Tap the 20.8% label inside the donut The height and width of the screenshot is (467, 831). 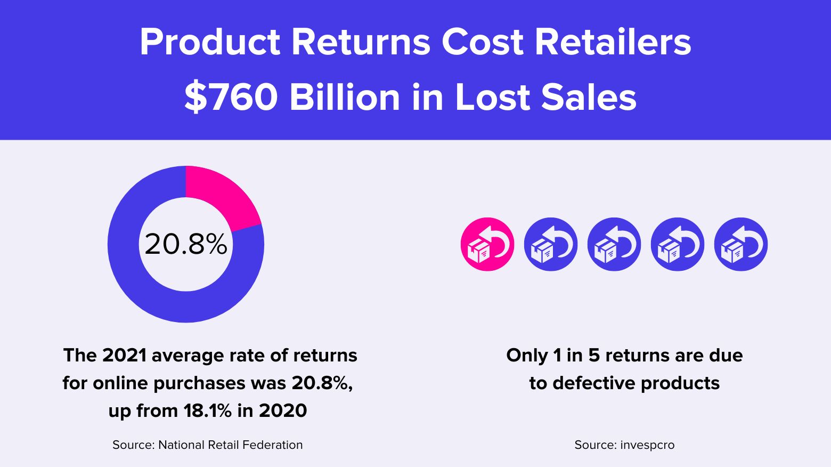point(186,245)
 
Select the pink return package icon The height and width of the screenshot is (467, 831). point(487,245)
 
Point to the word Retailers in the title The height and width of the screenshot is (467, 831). point(613,42)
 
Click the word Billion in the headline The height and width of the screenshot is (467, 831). point(345,97)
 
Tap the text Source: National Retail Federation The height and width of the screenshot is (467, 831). point(207,445)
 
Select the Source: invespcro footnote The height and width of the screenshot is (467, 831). point(624,445)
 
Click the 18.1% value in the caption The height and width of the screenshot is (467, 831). point(208,410)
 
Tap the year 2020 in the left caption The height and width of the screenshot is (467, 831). point(283,410)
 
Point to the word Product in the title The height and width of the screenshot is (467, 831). point(210,42)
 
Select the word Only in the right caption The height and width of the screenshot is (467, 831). point(527,355)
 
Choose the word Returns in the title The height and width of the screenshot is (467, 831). point(361,42)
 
